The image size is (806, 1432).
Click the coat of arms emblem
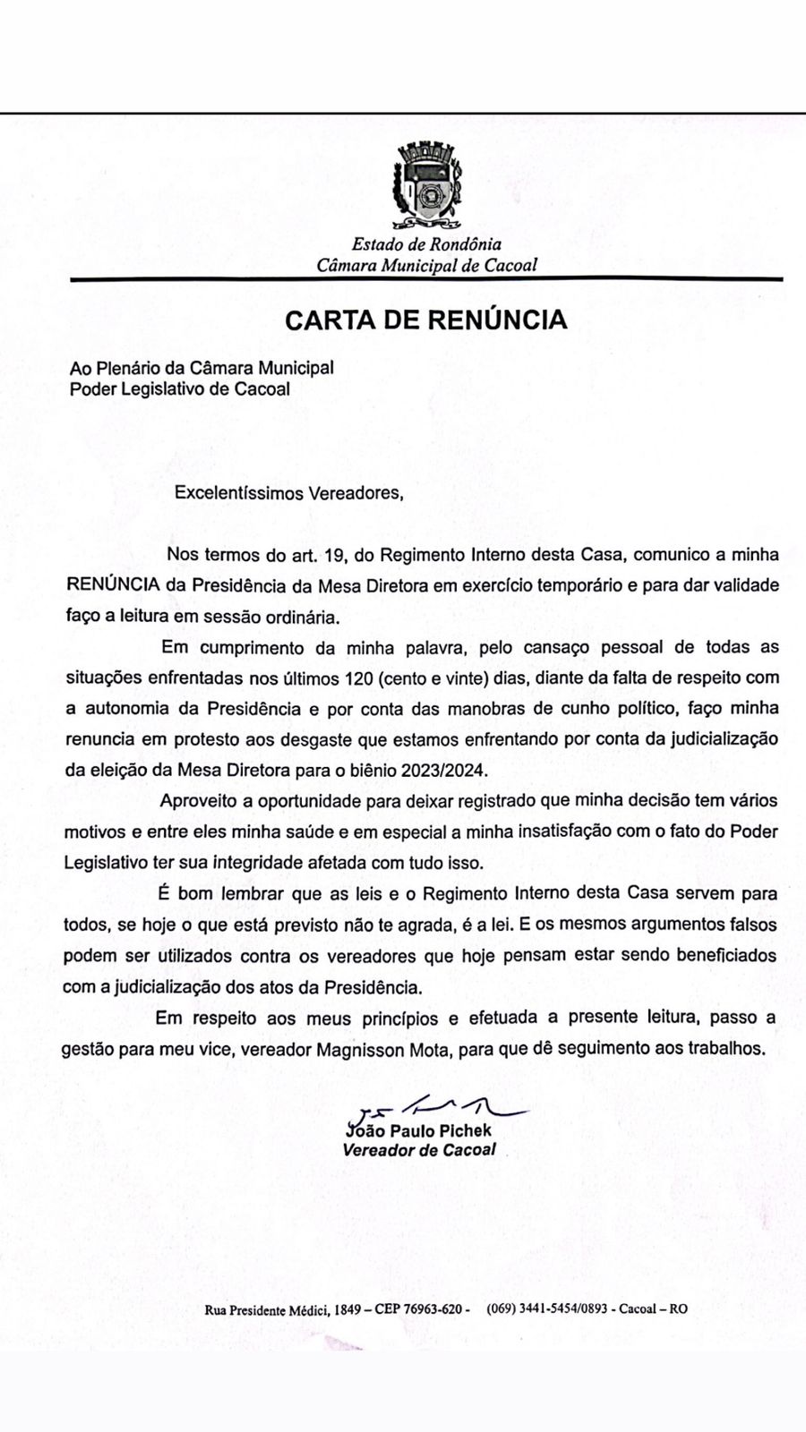coord(426,185)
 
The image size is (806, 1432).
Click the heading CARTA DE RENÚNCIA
coord(426,320)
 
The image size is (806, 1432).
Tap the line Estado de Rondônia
coord(426,243)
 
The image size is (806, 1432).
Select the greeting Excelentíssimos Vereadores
coord(283,493)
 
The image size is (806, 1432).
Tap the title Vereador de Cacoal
coord(419,1150)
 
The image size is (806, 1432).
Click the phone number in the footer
coord(549,1308)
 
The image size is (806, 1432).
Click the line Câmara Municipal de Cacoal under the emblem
coord(426,265)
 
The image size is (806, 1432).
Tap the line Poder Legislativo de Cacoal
coord(180,389)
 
